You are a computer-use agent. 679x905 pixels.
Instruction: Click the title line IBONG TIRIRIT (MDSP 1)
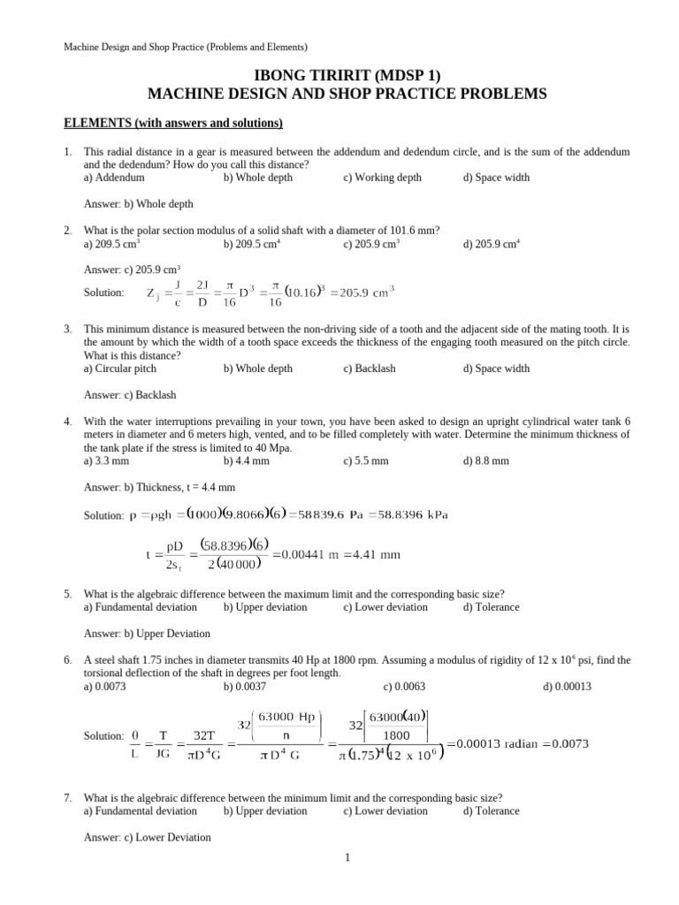339,76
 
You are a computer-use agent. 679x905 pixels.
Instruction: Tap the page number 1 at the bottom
348,856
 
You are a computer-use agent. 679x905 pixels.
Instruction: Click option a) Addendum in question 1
114,178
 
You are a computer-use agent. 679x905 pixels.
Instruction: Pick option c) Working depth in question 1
382,178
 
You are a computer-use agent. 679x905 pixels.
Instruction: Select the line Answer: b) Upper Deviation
147,634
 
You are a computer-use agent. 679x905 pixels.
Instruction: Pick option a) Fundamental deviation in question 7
140,810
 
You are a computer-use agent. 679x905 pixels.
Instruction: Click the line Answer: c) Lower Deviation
147,837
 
